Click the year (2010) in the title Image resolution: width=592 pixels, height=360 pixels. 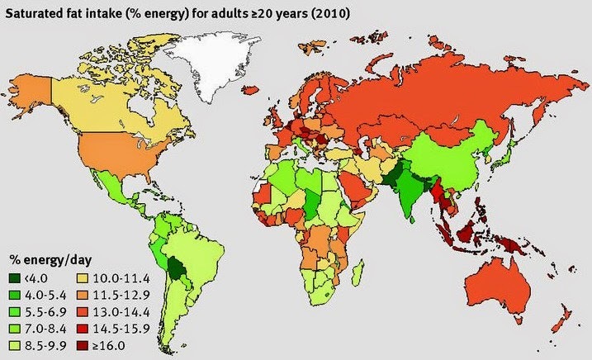coord(304,13)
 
